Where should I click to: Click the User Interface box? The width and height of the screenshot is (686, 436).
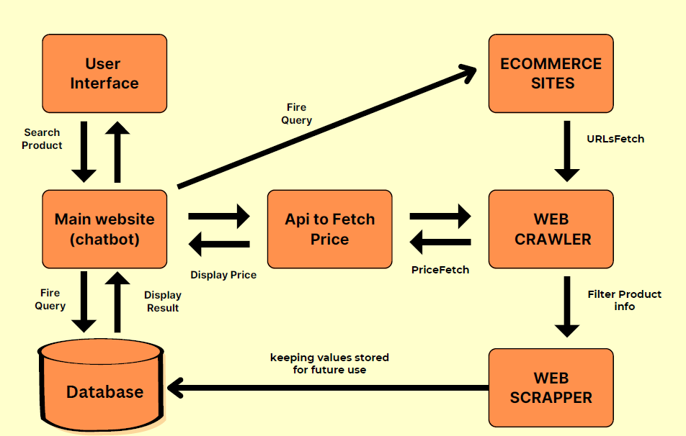point(104,73)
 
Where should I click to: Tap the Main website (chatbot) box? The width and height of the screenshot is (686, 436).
point(104,229)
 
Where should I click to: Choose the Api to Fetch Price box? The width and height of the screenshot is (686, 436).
point(329,229)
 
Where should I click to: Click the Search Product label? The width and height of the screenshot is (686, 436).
point(42,139)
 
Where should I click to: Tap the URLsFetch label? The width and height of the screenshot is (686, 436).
point(615,139)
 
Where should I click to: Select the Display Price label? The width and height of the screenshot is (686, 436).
point(223,275)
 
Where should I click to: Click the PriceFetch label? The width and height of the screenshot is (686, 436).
point(440,270)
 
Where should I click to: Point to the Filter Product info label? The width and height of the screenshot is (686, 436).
point(624,300)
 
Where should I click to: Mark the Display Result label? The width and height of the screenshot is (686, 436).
point(163,301)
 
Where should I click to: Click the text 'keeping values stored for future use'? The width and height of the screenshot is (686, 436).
point(329,363)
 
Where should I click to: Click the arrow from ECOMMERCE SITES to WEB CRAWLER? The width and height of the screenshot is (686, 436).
point(567,152)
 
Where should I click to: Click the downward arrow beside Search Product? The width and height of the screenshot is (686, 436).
point(84,152)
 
